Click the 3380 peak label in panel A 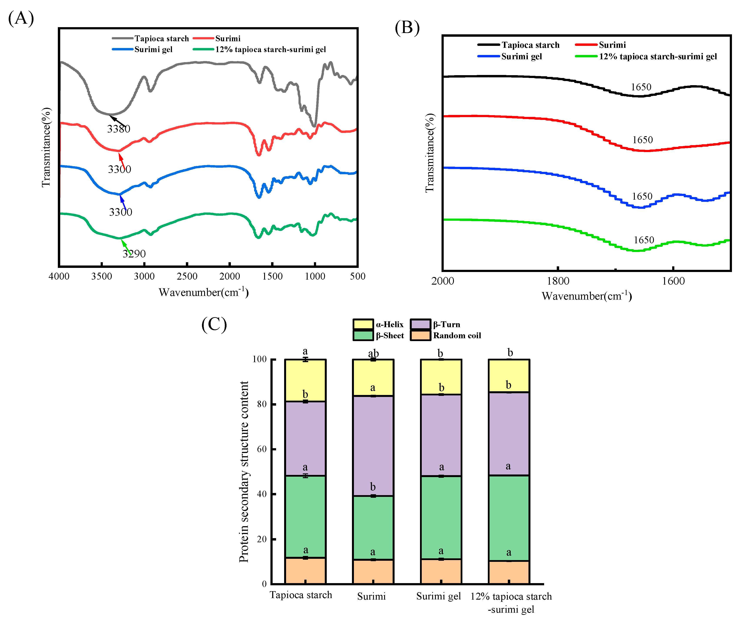pos(118,129)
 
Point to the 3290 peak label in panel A pos(134,254)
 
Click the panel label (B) pos(407,28)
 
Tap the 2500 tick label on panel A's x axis pos(187,276)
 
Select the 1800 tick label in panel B pos(558,281)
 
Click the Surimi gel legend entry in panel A pos(153,49)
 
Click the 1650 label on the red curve pos(642,140)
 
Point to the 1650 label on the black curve pos(641,87)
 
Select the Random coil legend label pos(457,335)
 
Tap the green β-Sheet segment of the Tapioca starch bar pos(305,517)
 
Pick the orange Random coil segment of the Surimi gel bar pos(441,571)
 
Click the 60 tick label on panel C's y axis pos(262,449)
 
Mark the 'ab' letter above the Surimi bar pos(373,353)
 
